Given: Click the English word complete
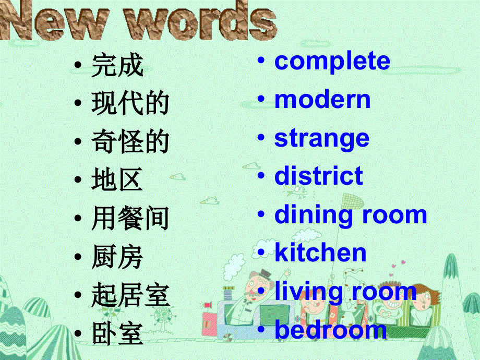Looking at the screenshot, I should (x=332, y=62).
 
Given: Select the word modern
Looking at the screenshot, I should (x=322, y=100).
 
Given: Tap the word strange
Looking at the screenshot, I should (x=321, y=138).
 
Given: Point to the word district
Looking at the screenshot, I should (x=318, y=176).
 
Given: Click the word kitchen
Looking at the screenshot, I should (x=320, y=253).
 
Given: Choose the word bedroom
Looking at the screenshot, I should (x=330, y=330).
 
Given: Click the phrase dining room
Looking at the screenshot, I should (x=351, y=215).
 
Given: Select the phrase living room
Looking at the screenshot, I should (x=345, y=291).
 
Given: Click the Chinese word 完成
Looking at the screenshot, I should (x=117, y=66).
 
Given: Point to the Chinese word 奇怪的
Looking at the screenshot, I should (x=130, y=142).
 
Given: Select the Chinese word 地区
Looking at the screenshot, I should (x=117, y=181).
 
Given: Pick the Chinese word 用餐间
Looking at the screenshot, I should (x=130, y=219).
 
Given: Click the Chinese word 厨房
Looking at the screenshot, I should (x=117, y=258).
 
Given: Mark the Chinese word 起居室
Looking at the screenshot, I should (x=130, y=296).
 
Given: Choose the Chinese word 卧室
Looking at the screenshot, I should (x=117, y=334).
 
